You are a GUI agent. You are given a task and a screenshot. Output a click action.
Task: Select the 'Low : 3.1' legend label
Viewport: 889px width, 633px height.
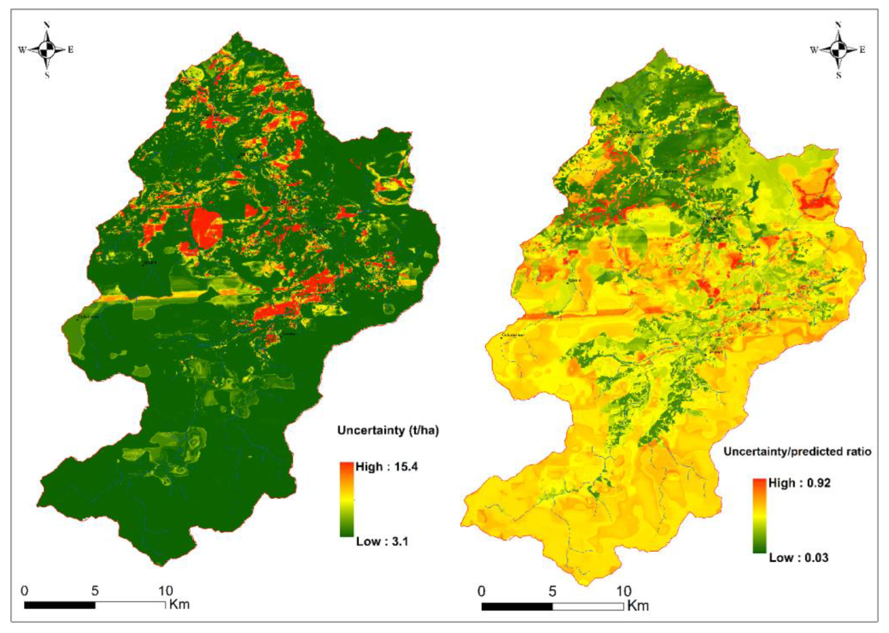[382, 541]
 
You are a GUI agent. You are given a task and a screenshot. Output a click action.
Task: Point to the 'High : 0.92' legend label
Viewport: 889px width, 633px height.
[799, 483]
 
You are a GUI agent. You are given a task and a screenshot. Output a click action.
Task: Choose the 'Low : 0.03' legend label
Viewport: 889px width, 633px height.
[799, 557]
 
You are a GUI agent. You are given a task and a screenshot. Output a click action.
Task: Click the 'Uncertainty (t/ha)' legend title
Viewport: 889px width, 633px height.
[388, 430]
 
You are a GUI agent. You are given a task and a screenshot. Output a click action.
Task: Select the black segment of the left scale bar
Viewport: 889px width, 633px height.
[60, 605]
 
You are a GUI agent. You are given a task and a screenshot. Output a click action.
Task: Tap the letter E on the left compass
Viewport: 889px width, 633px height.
[70, 49]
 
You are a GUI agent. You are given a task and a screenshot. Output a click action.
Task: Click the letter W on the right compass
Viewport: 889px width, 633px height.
[814, 50]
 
